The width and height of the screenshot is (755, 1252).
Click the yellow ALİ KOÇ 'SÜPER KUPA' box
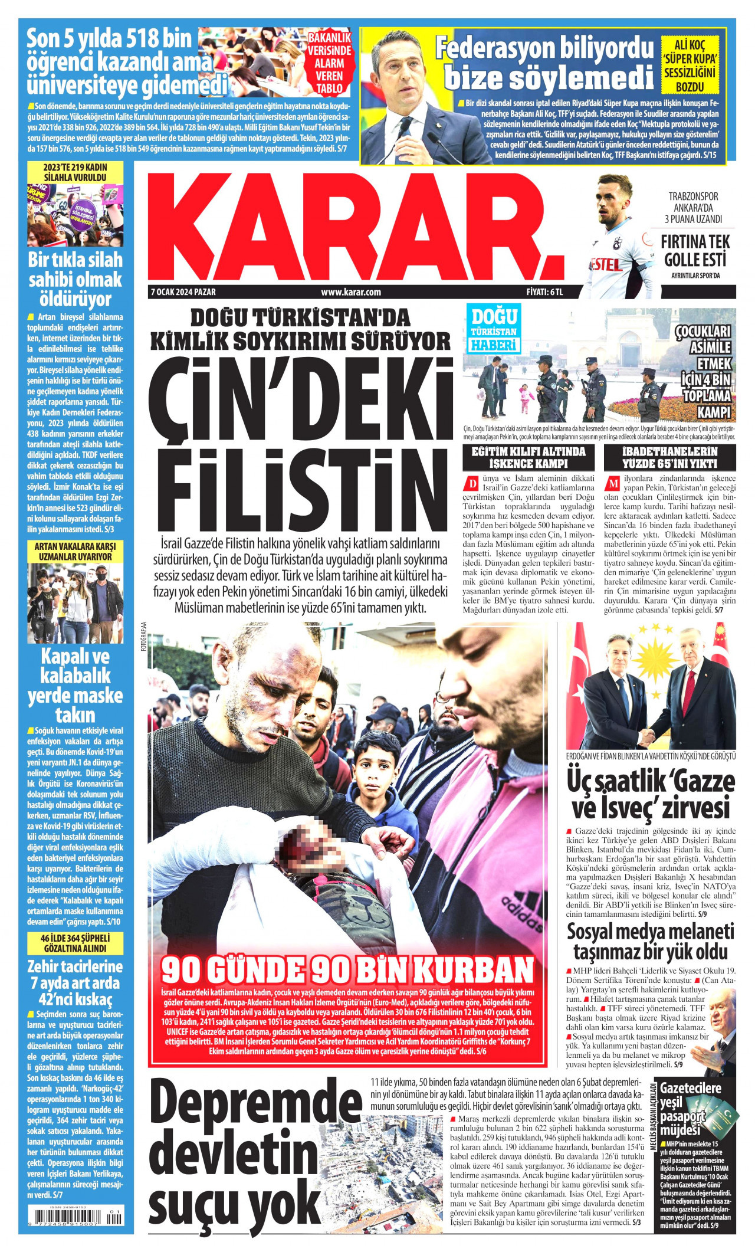(698, 64)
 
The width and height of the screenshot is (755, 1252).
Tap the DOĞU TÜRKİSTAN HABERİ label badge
(493, 330)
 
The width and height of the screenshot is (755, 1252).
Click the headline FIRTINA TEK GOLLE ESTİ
(695, 250)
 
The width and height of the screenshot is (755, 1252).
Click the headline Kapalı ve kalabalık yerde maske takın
(75, 686)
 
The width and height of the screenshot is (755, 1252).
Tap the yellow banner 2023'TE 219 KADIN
(75, 172)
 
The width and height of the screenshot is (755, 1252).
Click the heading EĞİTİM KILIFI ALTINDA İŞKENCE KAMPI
(528, 457)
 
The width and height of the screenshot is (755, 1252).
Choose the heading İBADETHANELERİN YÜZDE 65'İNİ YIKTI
(669, 457)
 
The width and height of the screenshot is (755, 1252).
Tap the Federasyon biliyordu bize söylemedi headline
(545, 63)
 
